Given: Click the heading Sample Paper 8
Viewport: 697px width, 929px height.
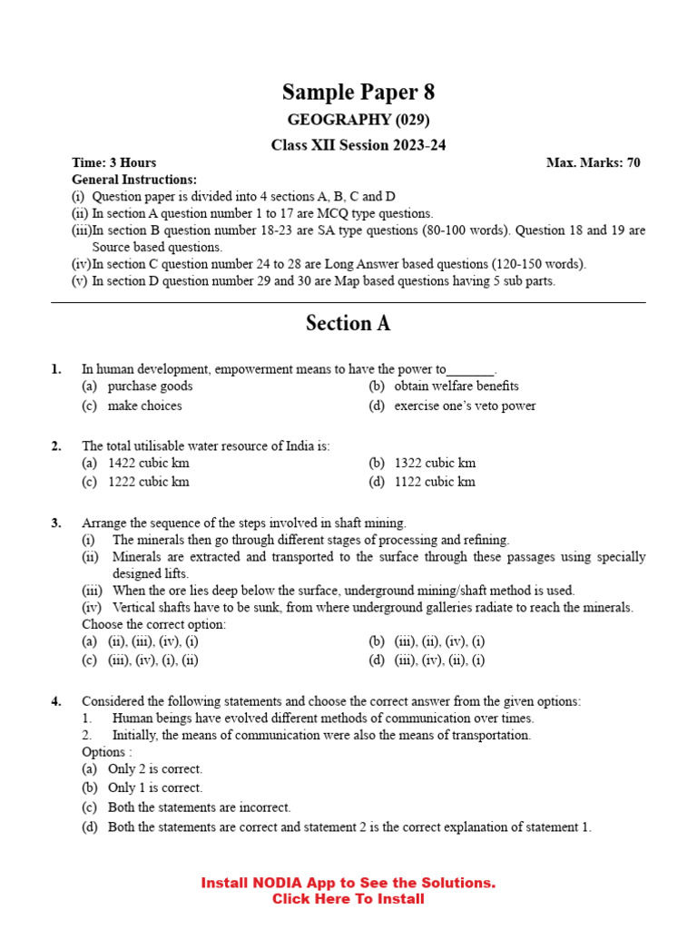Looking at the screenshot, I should pyautogui.click(x=358, y=92).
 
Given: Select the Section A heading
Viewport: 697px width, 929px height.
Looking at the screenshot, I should pyautogui.click(x=348, y=324).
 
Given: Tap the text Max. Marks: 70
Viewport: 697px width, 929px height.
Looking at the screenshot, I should pyautogui.click(x=593, y=163).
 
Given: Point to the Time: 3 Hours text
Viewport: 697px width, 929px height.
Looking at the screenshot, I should pyautogui.click(x=114, y=163).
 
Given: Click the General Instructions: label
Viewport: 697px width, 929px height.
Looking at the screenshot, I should pyautogui.click(x=133, y=180).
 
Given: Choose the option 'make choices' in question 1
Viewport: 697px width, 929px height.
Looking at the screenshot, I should pyautogui.click(x=144, y=406).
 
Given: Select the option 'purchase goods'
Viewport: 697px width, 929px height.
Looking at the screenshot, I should pyautogui.click(x=150, y=386).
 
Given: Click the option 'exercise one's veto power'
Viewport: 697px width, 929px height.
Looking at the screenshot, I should pyautogui.click(x=465, y=406).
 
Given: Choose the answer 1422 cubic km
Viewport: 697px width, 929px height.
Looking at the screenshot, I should pyautogui.click(x=148, y=463).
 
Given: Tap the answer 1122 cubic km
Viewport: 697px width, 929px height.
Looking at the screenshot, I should pyautogui.click(x=435, y=482).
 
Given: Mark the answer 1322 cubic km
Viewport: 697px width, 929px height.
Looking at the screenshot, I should pyautogui.click(x=435, y=463).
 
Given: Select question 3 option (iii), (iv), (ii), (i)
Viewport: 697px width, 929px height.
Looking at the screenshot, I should pyautogui.click(x=439, y=660).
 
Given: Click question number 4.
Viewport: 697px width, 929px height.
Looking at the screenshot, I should pyautogui.click(x=56, y=701).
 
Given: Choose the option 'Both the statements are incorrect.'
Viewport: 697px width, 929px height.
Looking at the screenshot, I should pyautogui.click(x=199, y=807).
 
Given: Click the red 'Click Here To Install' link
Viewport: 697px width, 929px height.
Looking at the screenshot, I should pyautogui.click(x=348, y=899).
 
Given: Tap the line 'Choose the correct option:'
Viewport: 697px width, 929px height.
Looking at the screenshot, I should pyautogui.click(x=154, y=624).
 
